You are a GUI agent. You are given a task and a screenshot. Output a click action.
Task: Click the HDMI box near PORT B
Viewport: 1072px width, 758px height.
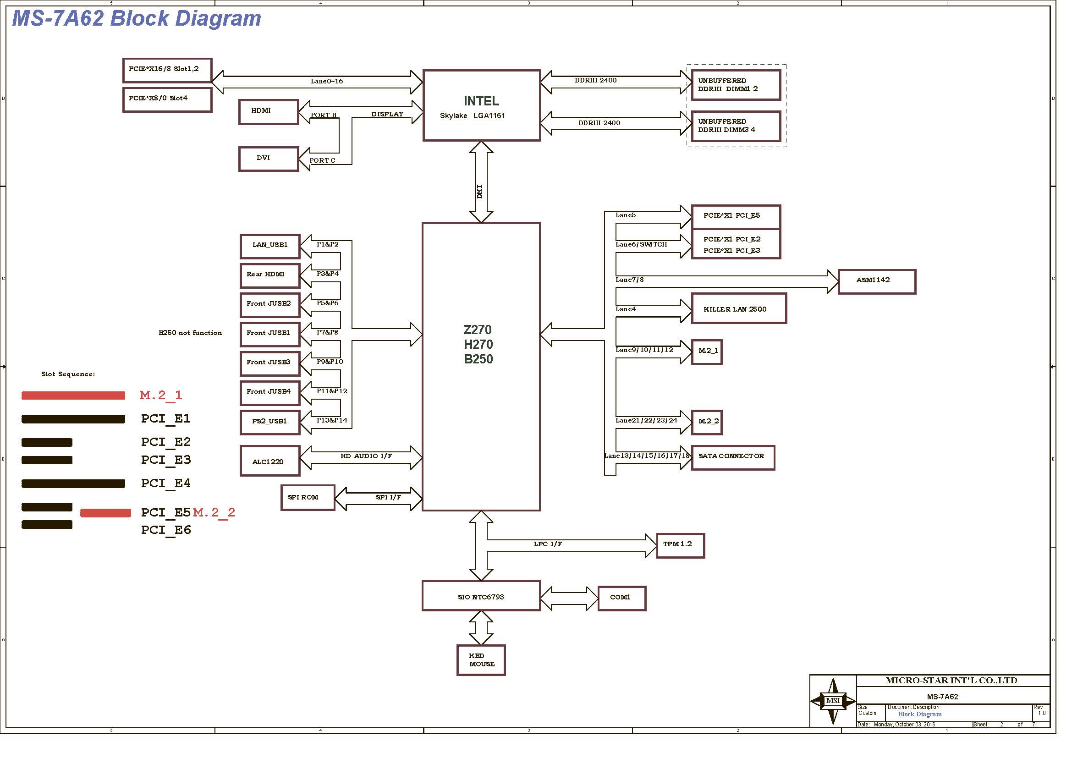point(269,112)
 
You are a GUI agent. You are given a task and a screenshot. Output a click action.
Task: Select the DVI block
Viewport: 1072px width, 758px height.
point(269,159)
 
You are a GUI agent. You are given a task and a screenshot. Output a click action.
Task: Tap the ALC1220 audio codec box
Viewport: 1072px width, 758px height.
point(270,461)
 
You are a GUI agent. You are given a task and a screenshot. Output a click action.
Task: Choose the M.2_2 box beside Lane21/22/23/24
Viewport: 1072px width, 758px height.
point(707,423)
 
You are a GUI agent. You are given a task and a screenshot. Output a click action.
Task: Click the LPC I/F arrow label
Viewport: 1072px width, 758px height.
point(548,544)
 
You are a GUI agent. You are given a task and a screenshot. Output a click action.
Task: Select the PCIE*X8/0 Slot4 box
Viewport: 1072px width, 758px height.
point(168,99)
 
